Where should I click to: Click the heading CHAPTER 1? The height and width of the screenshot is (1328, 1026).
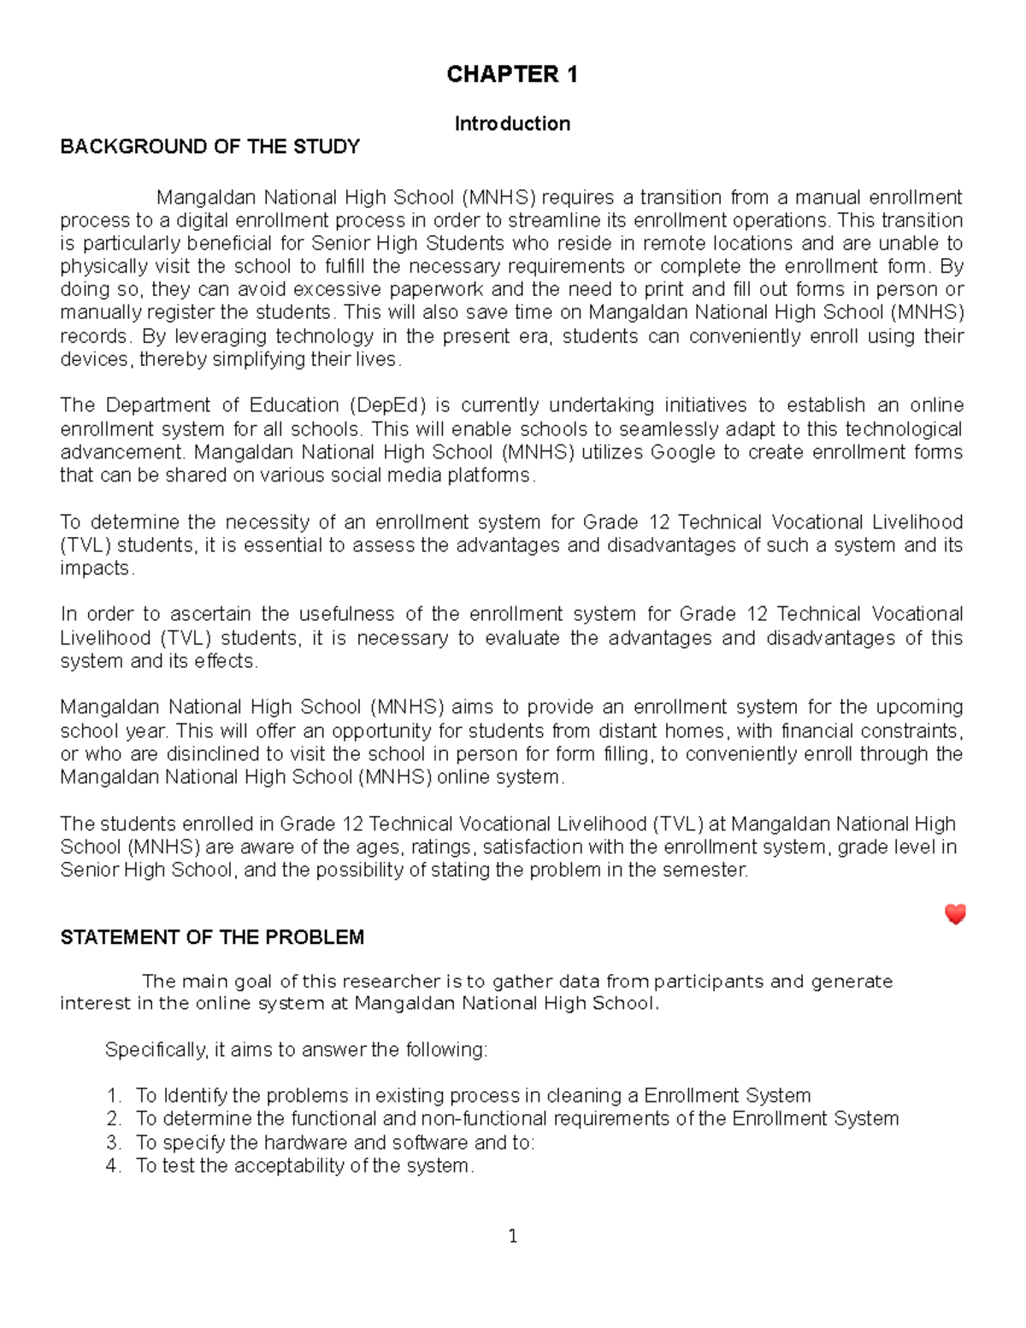[512, 75]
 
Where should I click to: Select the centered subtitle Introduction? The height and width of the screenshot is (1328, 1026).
[512, 124]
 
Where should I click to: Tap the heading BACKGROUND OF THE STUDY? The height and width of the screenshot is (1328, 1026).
[209, 147]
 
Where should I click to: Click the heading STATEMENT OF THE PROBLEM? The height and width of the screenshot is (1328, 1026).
[212, 937]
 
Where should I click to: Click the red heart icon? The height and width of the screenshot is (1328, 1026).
[955, 914]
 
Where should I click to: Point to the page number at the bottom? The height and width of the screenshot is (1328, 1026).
[512, 1236]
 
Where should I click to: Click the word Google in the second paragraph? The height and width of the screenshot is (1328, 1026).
[682, 452]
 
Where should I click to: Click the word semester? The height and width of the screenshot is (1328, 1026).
[712, 871]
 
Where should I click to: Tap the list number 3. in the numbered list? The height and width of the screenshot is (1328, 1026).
[114, 1142]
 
